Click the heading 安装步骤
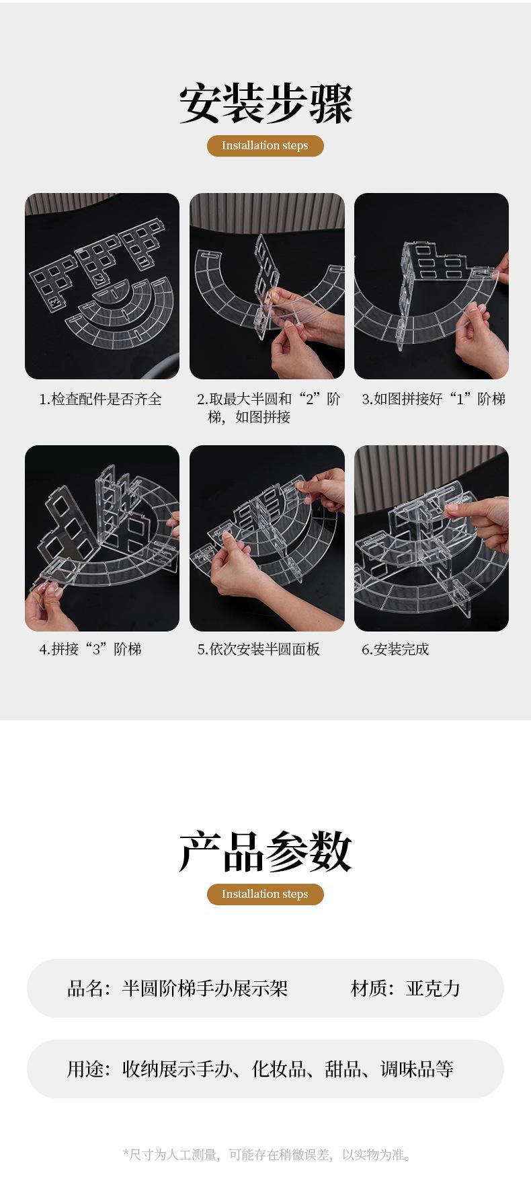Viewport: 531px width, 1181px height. tap(265, 104)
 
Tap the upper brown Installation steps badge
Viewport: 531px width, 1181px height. tap(265, 145)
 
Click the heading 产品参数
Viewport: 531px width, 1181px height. tap(265, 852)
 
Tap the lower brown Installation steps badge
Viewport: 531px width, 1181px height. tap(265, 894)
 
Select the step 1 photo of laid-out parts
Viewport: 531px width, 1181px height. tap(102, 287)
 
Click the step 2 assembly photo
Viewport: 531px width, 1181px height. tap(267, 287)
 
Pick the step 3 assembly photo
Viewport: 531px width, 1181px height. tap(432, 287)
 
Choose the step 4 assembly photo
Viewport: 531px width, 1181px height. tap(102, 538)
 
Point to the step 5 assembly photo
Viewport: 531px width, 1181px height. tap(267, 538)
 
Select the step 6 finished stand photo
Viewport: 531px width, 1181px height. tap(432, 538)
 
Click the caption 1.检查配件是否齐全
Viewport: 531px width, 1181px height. tap(100, 399)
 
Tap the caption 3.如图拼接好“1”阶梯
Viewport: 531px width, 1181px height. tap(434, 399)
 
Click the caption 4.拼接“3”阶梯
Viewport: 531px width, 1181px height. tap(90, 649)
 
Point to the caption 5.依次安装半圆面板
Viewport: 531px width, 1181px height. tap(258, 649)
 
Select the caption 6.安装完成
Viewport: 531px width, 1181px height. tap(395, 649)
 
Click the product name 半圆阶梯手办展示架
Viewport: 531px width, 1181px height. tap(205, 988)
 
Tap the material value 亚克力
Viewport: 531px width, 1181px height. tap(433, 988)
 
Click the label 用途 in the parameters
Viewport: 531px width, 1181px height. tap(85, 1069)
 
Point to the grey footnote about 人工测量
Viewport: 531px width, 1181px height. tap(267, 1155)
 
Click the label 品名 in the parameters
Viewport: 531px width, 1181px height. tap(85, 988)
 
